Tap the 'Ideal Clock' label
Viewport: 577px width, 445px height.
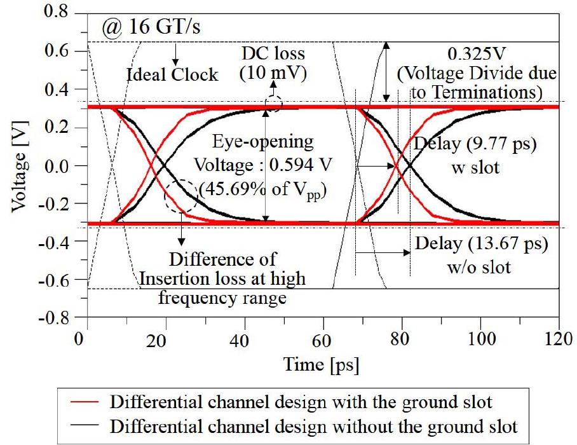click(172, 74)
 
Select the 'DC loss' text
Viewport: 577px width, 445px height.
click(273, 54)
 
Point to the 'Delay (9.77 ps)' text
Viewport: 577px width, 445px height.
click(475, 144)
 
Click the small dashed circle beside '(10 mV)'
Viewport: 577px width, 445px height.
click(273, 104)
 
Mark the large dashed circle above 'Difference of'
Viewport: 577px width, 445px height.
click(180, 197)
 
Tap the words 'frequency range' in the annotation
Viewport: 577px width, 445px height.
click(222, 296)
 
